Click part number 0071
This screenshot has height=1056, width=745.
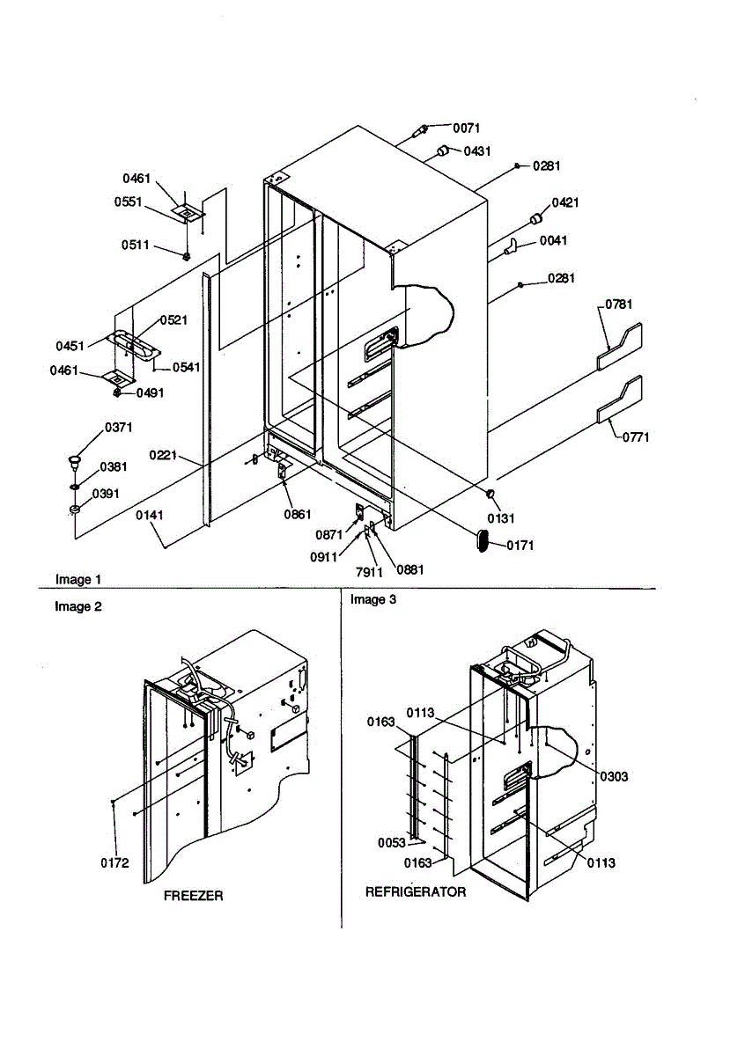click(x=466, y=128)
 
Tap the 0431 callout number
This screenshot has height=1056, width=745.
click(x=477, y=151)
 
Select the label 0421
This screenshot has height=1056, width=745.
click(x=565, y=202)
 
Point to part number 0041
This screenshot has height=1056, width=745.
click(x=553, y=241)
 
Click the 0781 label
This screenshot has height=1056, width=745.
click(x=618, y=304)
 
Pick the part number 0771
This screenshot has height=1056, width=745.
click(x=636, y=437)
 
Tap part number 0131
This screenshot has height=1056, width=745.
click(x=500, y=518)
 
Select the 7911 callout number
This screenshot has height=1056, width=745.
click(x=369, y=572)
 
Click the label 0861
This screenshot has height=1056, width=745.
click(x=298, y=514)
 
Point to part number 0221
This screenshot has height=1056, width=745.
click(x=163, y=456)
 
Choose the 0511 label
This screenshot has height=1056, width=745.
click(x=135, y=246)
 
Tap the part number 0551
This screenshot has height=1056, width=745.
click(x=128, y=202)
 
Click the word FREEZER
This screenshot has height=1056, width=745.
click(x=194, y=896)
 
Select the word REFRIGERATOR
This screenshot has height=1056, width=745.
click(x=416, y=892)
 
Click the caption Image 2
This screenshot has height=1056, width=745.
click(x=78, y=606)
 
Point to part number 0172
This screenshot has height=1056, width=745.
click(x=114, y=863)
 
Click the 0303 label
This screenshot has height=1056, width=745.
click(x=615, y=776)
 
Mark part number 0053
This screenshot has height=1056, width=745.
click(x=392, y=842)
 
